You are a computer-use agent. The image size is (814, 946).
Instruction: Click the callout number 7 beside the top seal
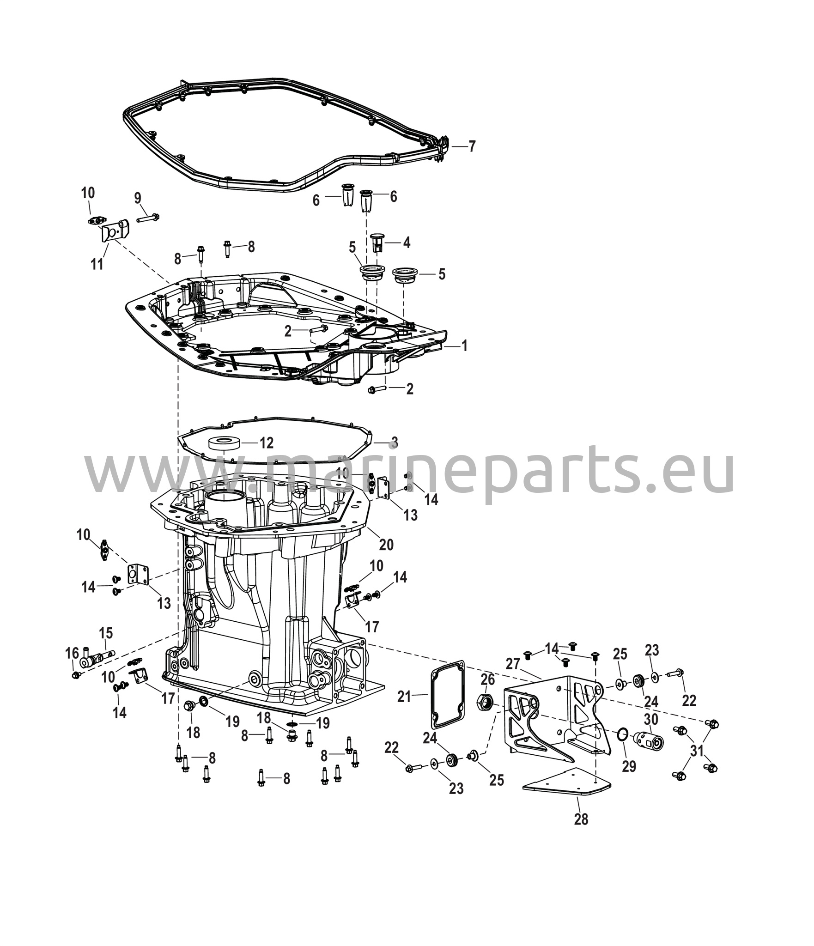(471, 146)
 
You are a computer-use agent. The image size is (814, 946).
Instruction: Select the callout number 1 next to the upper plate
(464, 346)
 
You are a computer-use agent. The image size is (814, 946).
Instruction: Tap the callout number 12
(266, 443)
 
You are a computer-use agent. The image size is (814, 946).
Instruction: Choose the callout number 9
(138, 198)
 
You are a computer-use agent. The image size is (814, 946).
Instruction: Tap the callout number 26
(488, 679)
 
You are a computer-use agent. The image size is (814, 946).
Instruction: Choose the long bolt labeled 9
(147, 217)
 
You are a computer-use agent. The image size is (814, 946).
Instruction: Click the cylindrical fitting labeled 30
(648, 740)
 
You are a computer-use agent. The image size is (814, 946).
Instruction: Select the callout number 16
(72, 653)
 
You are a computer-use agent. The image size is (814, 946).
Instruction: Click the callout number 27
(513, 664)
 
